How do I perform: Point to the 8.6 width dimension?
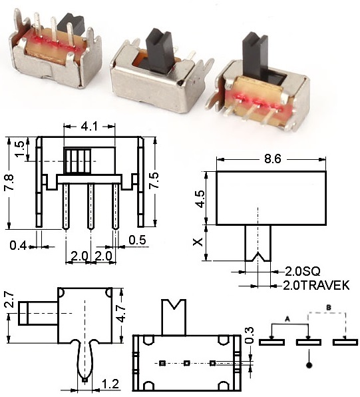coord(271,160)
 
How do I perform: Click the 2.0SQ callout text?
coord(300,271)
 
